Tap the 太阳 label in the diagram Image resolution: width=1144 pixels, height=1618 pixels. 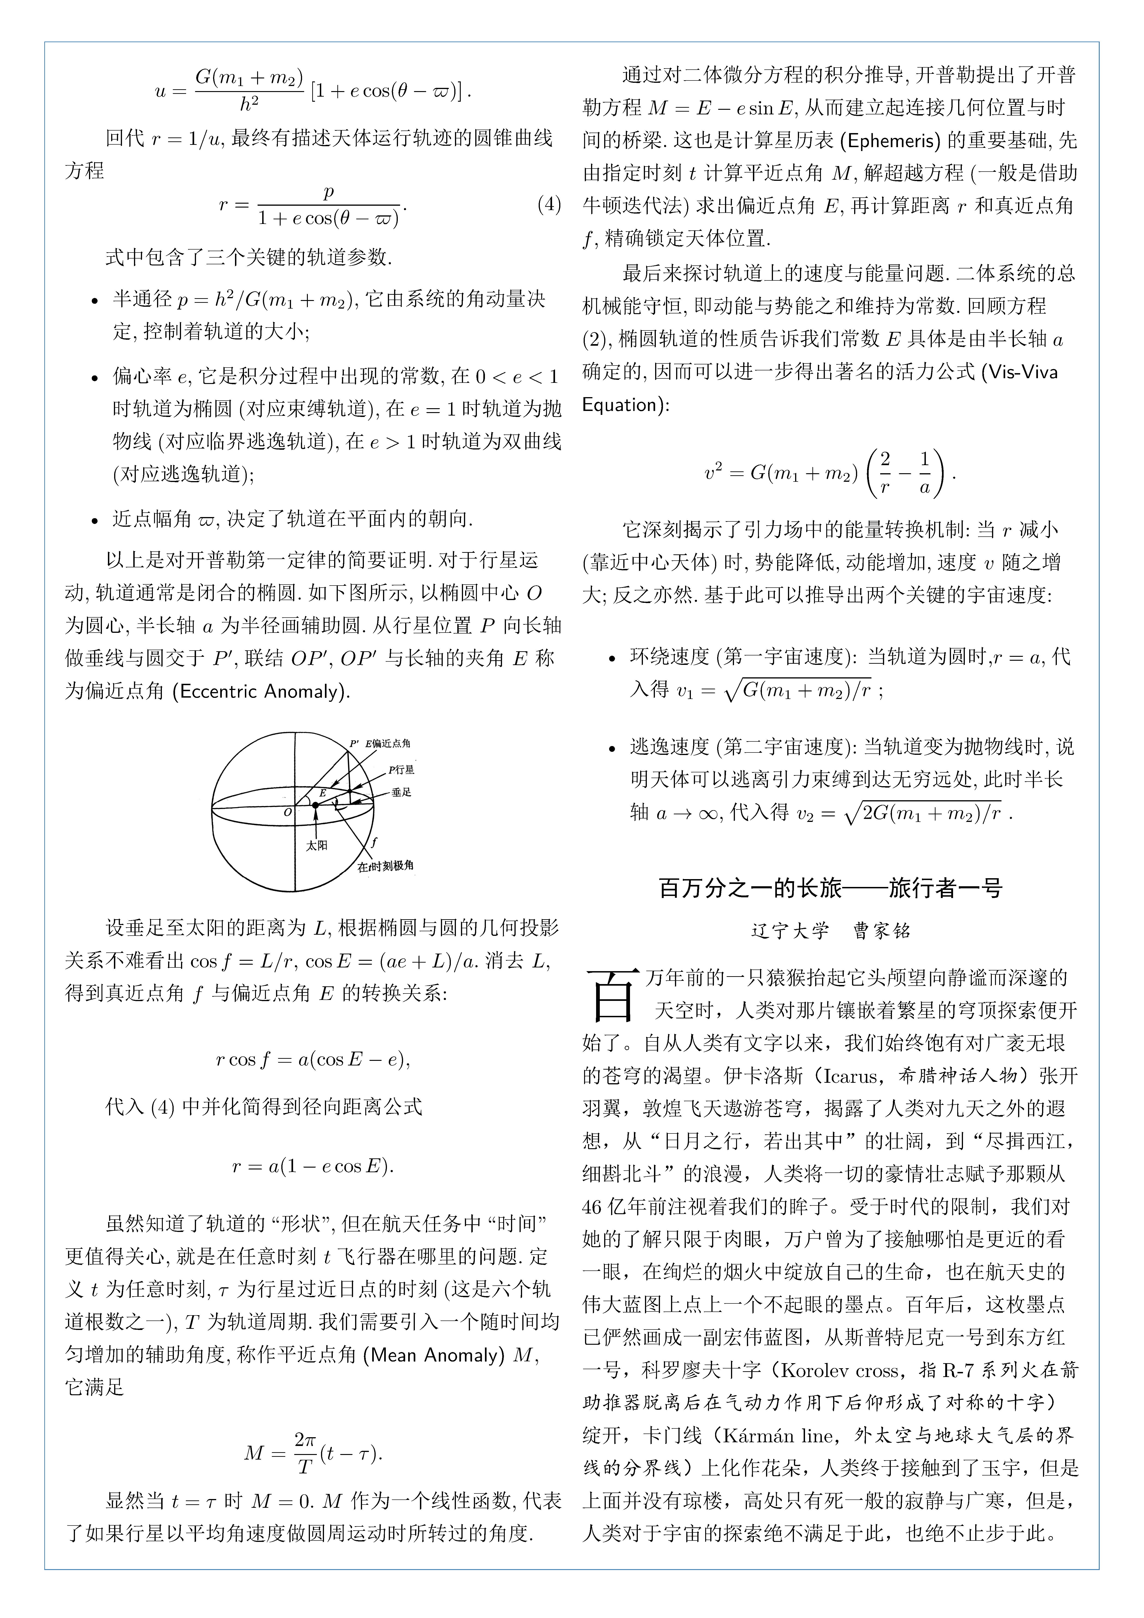pos(316,845)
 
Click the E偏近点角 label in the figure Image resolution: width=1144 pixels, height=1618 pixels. pos(388,744)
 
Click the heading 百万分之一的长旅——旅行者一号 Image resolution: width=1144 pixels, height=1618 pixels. pos(830,888)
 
